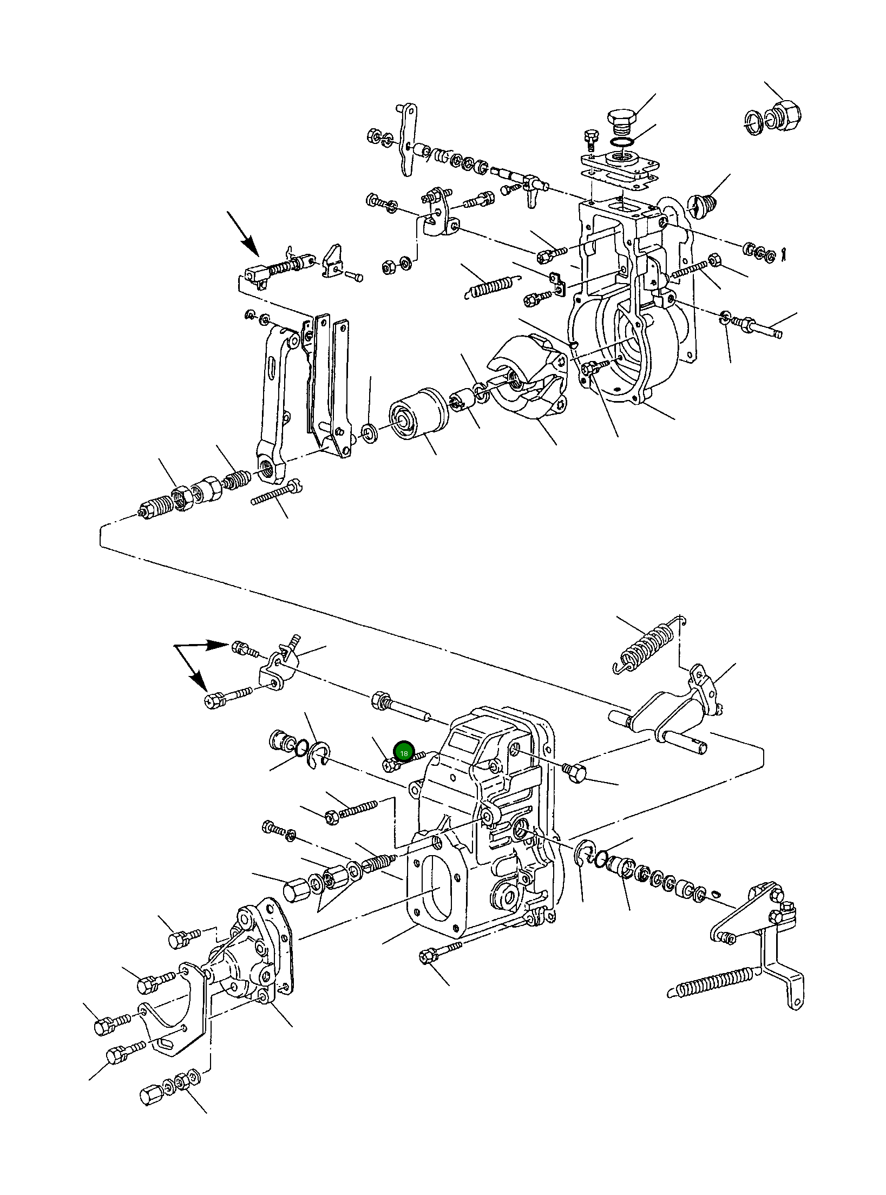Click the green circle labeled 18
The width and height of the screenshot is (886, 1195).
[404, 753]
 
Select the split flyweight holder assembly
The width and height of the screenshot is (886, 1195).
[528, 379]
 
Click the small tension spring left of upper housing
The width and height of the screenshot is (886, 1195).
[491, 287]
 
